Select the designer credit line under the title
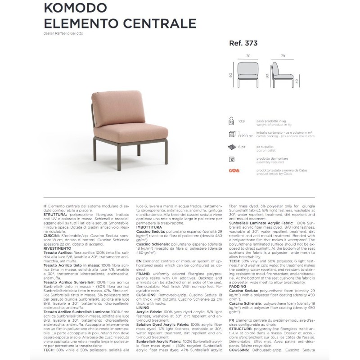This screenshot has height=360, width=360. pos(63,33)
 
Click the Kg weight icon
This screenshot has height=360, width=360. pos(232,122)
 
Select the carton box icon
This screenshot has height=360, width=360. pos(232,134)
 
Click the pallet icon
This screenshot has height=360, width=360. pos(232,147)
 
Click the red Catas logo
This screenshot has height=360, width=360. pos(234,171)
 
